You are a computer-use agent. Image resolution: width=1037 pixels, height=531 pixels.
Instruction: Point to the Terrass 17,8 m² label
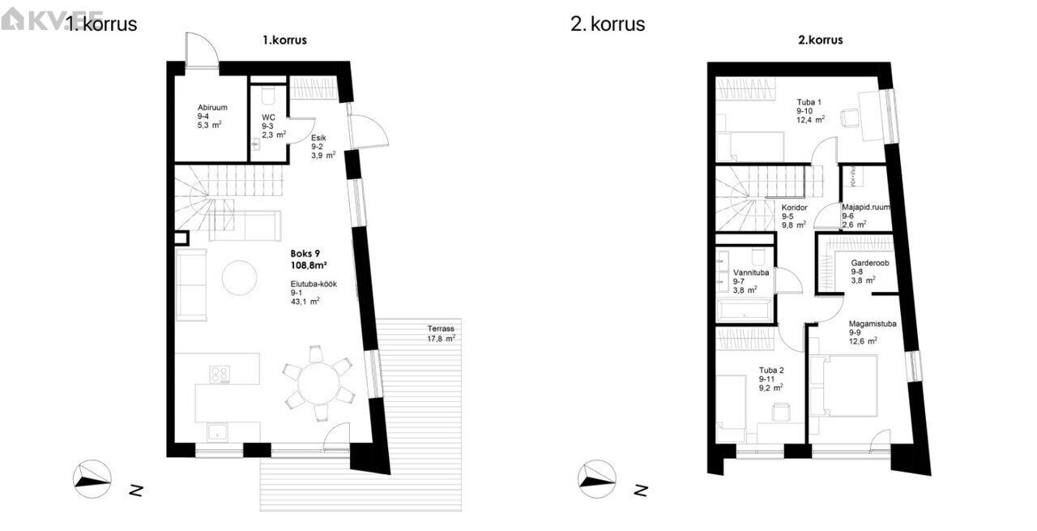pyautogui.click(x=442, y=333)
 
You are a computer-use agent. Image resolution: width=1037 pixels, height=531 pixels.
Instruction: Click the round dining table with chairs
pyautogui.click(x=318, y=383)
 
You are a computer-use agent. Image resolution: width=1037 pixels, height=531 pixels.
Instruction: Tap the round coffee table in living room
pyautogui.click(x=240, y=277)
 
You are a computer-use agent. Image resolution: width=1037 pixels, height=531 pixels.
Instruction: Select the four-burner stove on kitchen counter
pyautogui.click(x=220, y=375)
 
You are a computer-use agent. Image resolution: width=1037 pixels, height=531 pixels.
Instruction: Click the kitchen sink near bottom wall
pyautogui.click(x=216, y=431)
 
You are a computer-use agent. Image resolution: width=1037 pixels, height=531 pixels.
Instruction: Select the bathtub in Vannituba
pyautogui.click(x=744, y=310)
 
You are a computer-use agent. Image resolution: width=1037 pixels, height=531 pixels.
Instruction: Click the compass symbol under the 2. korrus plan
pyautogui.click(x=596, y=476)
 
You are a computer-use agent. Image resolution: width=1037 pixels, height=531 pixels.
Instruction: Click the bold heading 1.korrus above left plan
pyautogui.click(x=284, y=41)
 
